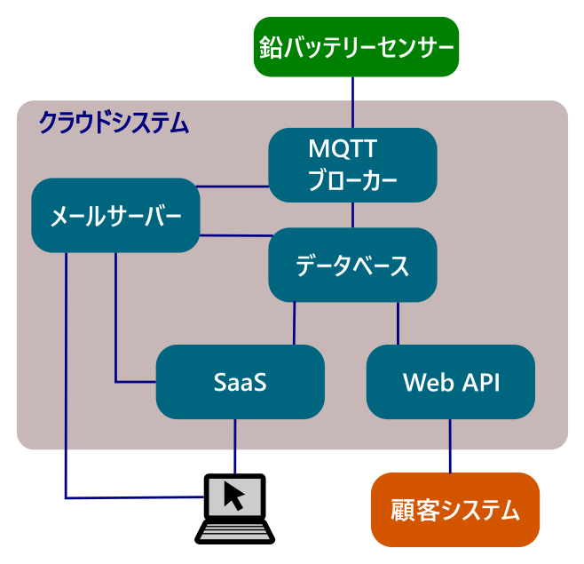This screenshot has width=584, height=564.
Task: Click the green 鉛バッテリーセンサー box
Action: click(356, 47)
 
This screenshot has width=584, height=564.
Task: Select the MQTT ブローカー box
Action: click(352, 165)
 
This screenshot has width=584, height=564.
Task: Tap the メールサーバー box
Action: click(116, 216)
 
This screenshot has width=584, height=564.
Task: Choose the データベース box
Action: click(352, 265)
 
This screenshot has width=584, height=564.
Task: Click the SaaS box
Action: click(241, 382)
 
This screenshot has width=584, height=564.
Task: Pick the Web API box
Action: click(451, 382)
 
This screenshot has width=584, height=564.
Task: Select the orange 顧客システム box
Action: click(455, 510)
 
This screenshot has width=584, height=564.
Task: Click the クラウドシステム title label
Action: click(114, 123)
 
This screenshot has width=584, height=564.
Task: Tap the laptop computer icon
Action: click(234, 509)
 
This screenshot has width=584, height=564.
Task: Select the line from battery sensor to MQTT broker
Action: click(352, 102)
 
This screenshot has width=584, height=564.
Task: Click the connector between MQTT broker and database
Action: click(352, 215)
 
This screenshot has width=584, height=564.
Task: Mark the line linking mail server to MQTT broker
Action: click(233, 187)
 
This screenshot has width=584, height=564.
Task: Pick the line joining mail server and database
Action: click(236, 235)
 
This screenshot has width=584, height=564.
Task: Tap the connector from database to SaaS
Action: click(295, 323)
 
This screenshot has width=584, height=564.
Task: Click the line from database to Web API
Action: click(399, 323)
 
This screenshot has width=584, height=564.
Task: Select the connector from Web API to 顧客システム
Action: click(450, 446)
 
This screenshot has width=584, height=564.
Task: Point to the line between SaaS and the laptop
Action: click(235, 446)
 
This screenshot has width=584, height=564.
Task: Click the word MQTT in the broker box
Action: click(343, 149)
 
